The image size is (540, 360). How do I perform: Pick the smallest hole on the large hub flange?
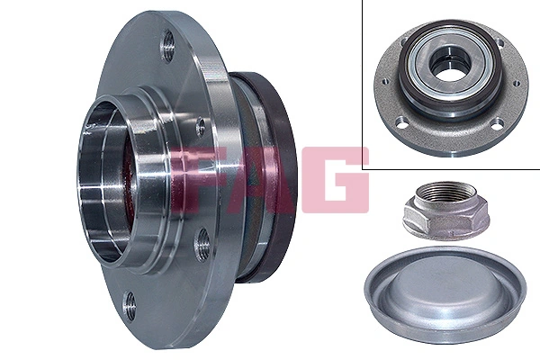click(x=200, y=127)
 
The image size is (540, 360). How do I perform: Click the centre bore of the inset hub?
click(x=447, y=64)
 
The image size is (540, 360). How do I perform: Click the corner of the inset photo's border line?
click(x=364, y=168)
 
